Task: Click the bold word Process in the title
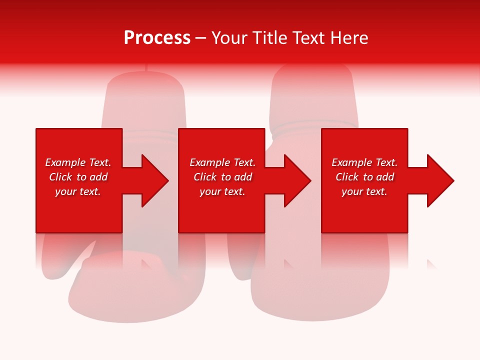pos(157,38)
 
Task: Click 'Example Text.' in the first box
pos(78,162)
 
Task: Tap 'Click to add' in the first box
pos(78,177)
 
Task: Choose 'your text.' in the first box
pos(78,191)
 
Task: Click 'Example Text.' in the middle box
pos(222,162)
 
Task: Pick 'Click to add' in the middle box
pos(222,177)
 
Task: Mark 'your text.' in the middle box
pos(222,191)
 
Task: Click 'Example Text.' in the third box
pos(364,162)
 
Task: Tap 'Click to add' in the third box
pos(364,177)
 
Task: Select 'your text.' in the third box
pos(364,191)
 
